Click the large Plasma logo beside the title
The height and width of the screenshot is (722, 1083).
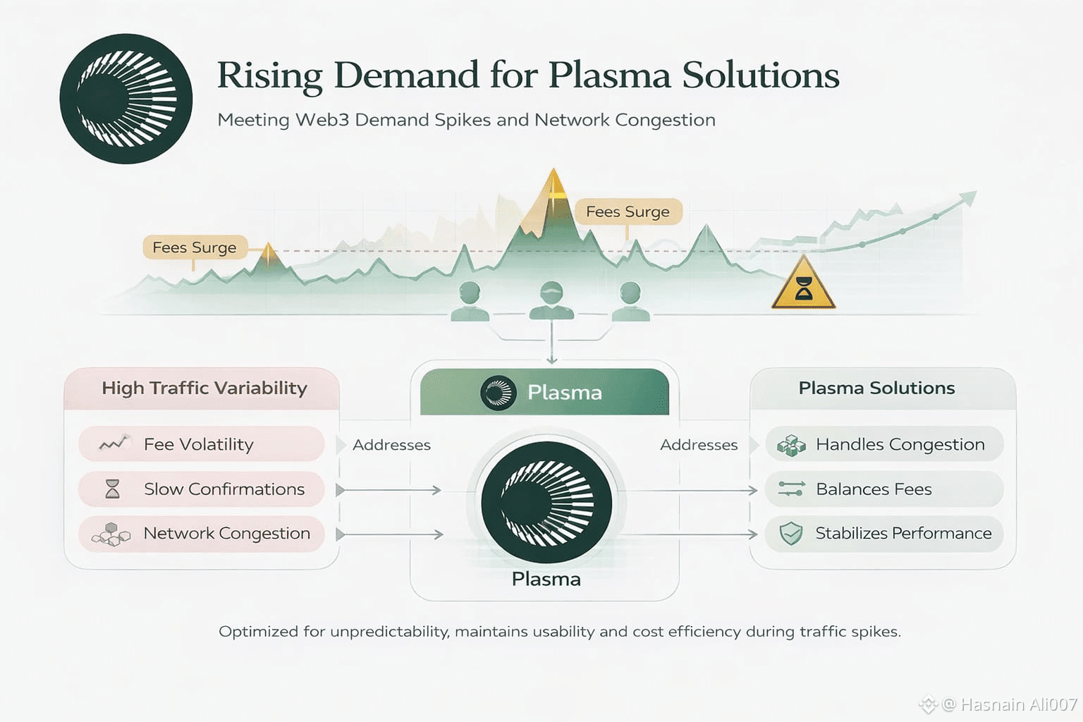(126, 99)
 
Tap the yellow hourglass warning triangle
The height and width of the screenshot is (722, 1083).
(804, 284)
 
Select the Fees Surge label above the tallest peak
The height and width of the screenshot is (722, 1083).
(628, 212)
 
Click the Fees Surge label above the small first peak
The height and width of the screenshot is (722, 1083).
(195, 247)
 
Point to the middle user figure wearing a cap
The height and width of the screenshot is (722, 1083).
(551, 300)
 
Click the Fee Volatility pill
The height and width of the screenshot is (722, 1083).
(201, 444)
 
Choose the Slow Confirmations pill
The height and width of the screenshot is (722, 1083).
(201, 489)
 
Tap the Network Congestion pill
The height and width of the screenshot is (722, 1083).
(201, 534)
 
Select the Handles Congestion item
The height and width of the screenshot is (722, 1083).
(884, 444)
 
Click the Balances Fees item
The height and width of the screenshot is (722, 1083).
(884, 489)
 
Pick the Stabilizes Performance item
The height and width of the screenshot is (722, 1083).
(884, 534)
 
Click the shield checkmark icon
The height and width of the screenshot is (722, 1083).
(791, 534)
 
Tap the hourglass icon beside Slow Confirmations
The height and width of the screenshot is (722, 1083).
(113, 489)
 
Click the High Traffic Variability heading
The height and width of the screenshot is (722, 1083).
(204, 388)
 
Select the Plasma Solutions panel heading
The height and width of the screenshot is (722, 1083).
(876, 388)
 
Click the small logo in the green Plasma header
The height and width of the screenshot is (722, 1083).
(498, 393)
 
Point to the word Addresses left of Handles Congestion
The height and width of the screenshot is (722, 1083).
(699, 445)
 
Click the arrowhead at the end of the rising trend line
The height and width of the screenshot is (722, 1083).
(968, 198)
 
